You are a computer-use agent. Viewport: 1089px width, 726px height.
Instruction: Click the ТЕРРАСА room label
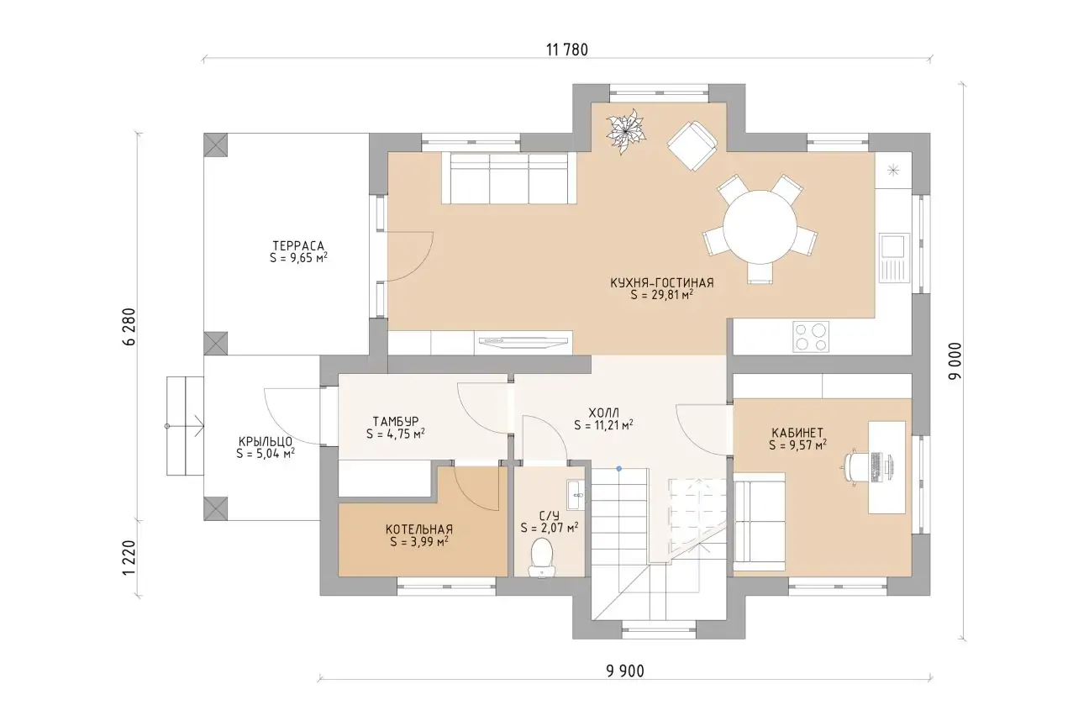(298, 245)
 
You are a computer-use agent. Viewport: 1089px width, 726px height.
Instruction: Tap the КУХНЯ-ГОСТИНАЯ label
(661, 283)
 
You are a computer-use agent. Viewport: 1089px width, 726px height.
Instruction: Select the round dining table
(760, 227)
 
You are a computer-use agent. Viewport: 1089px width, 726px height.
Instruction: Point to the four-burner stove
(811, 336)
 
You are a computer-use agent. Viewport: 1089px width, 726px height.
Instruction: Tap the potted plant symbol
(625, 131)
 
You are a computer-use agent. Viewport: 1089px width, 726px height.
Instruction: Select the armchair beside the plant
(692, 145)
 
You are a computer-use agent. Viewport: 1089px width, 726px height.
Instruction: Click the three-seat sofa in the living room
(509, 177)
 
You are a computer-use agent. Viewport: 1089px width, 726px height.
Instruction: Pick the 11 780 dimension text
(567, 50)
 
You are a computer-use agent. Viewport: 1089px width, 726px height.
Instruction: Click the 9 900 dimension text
(624, 671)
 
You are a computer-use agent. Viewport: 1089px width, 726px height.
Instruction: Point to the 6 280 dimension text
(129, 327)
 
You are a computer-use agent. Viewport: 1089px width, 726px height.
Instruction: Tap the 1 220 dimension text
(129, 557)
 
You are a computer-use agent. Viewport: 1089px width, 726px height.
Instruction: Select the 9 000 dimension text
(955, 360)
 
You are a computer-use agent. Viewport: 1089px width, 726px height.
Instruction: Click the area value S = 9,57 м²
(797, 445)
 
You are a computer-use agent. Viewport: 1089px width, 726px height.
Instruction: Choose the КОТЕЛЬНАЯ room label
(419, 529)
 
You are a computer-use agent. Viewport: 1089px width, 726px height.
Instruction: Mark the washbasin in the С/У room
(576, 495)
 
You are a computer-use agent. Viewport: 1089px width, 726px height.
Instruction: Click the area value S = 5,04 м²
(266, 454)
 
